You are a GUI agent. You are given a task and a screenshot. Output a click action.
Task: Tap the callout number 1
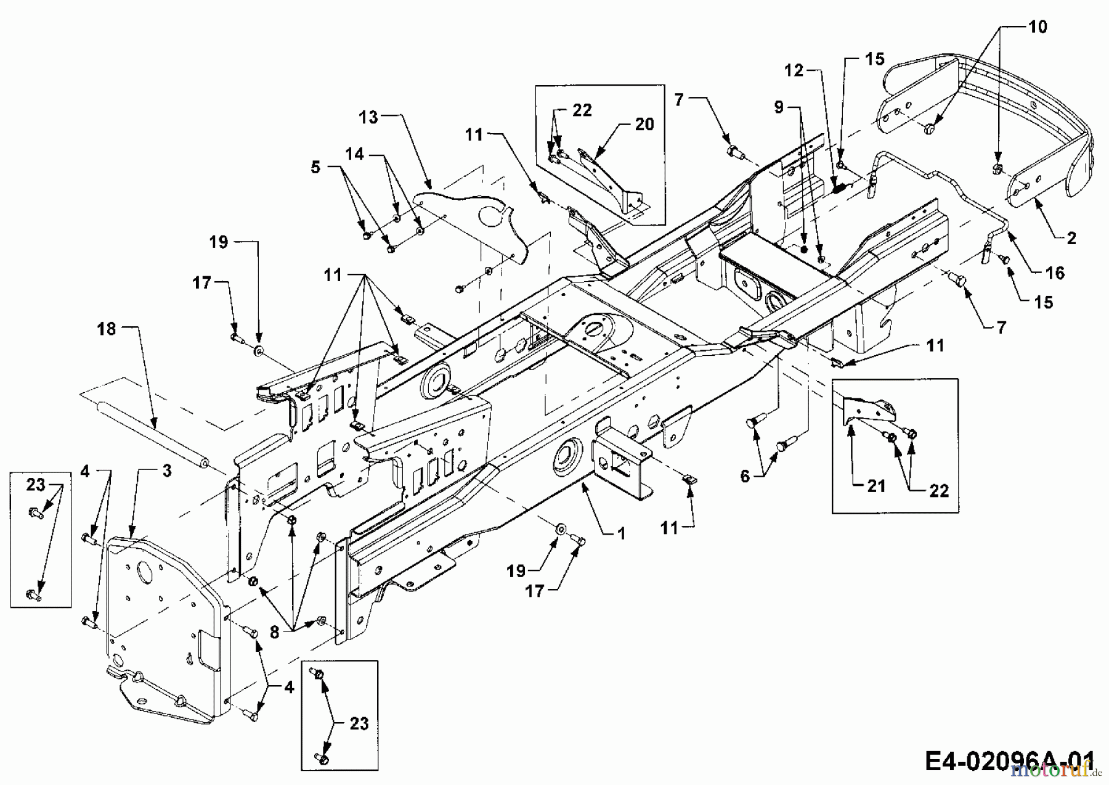pyautogui.click(x=620, y=533)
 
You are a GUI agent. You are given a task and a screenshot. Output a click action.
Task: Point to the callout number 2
pyautogui.click(x=1071, y=238)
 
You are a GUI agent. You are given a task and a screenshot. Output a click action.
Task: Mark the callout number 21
pyautogui.click(x=875, y=486)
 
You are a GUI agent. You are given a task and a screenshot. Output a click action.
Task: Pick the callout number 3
pyautogui.click(x=166, y=471)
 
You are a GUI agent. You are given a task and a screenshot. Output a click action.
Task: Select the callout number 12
pyautogui.click(x=794, y=71)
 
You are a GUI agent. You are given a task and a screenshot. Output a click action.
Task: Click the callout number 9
pyautogui.click(x=779, y=107)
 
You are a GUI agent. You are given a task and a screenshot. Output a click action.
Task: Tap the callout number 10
pyautogui.click(x=1038, y=27)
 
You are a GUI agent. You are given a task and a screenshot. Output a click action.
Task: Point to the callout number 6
pyautogui.click(x=745, y=476)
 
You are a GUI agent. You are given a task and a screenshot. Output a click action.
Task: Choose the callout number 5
pyautogui.click(x=315, y=167)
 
